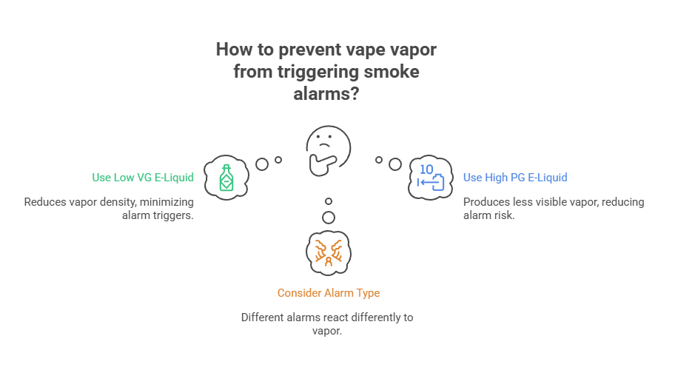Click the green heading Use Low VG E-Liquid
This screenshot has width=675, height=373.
pyautogui.click(x=143, y=178)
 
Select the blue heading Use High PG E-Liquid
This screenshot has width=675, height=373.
pyautogui.click(x=515, y=178)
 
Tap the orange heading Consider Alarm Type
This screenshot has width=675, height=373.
pyautogui.click(x=329, y=293)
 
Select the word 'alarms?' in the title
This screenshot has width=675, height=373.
pyautogui.click(x=327, y=95)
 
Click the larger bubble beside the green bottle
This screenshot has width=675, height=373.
pyautogui.click(x=262, y=164)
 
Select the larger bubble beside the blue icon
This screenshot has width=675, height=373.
pyautogui.click(x=394, y=164)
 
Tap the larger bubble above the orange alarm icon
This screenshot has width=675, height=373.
pyautogui.click(x=329, y=218)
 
